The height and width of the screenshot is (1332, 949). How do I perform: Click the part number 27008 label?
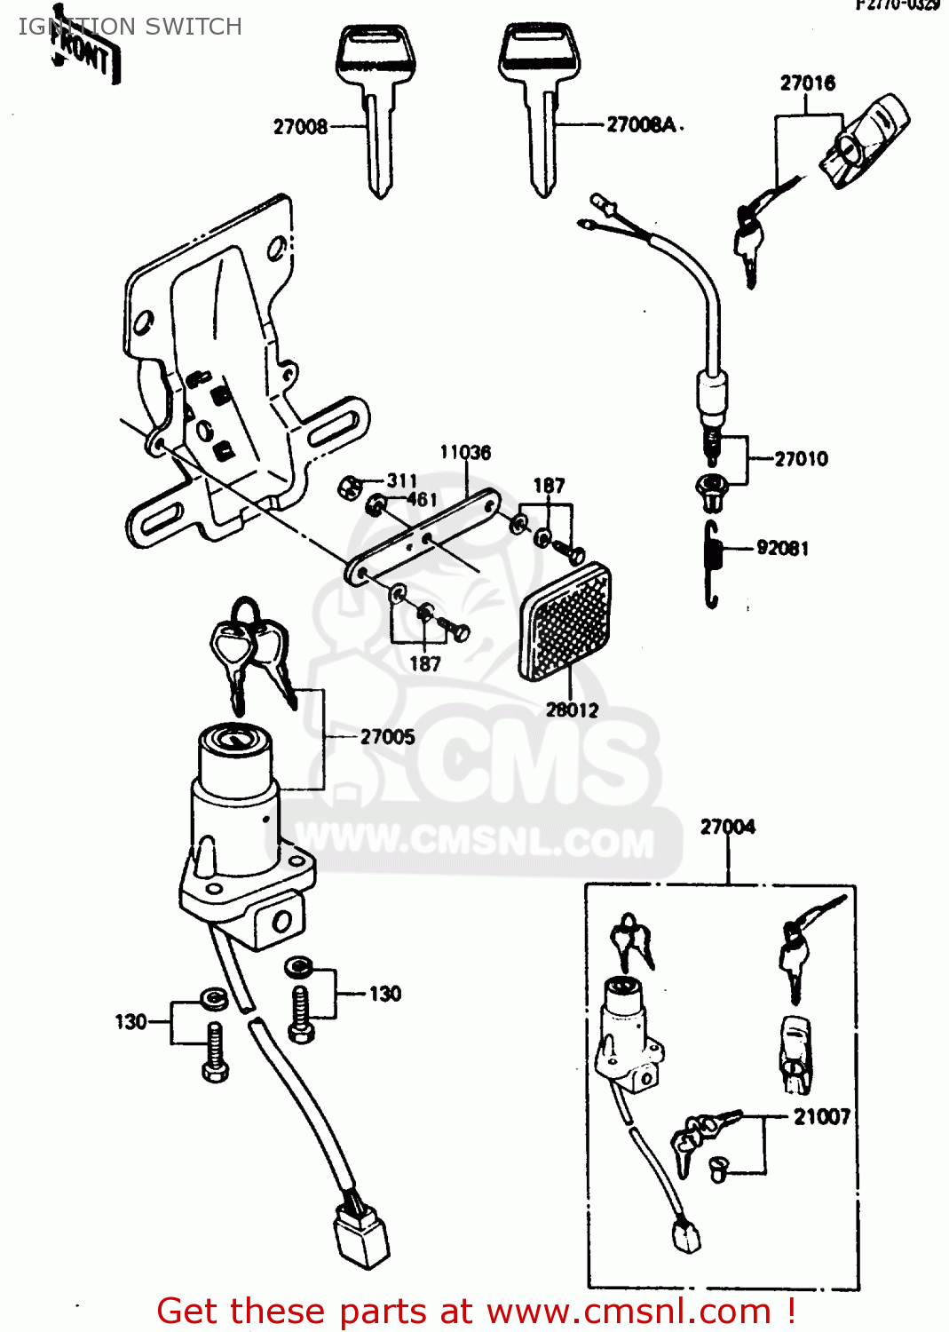pyautogui.click(x=300, y=127)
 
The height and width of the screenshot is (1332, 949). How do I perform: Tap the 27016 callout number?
pyautogui.click(x=807, y=83)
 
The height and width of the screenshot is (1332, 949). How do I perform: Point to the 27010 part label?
pyautogui.click(x=801, y=459)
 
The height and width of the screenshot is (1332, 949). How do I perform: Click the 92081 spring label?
pyautogui.click(x=782, y=548)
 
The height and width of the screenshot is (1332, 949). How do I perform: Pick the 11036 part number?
pyautogui.click(x=465, y=453)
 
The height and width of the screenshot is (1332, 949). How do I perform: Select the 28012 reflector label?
pyautogui.click(x=572, y=710)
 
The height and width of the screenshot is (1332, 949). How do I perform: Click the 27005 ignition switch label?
pyautogui.click(x=387, y=736)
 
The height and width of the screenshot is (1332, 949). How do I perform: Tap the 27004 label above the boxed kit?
pyautogui.click(x=727, y=827)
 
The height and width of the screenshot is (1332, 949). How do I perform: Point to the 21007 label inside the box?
pyautogui.click(x=821, y=1116)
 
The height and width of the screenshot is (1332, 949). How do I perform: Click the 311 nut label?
pyautogui.click(x=401, y=480)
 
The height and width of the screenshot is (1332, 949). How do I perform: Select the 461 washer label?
pyautogui.click(x=422, y=500)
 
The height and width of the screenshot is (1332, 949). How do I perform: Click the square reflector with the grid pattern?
pyautogui.click(x=565, y=622)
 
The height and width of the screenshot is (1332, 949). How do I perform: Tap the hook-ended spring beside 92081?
pyautogui.click(x=711, y=565)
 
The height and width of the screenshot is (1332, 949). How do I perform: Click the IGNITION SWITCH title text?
pyautogui.click(x=130, y=27)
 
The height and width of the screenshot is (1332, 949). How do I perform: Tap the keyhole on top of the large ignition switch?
pyautogui.click(x=234, y=738)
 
